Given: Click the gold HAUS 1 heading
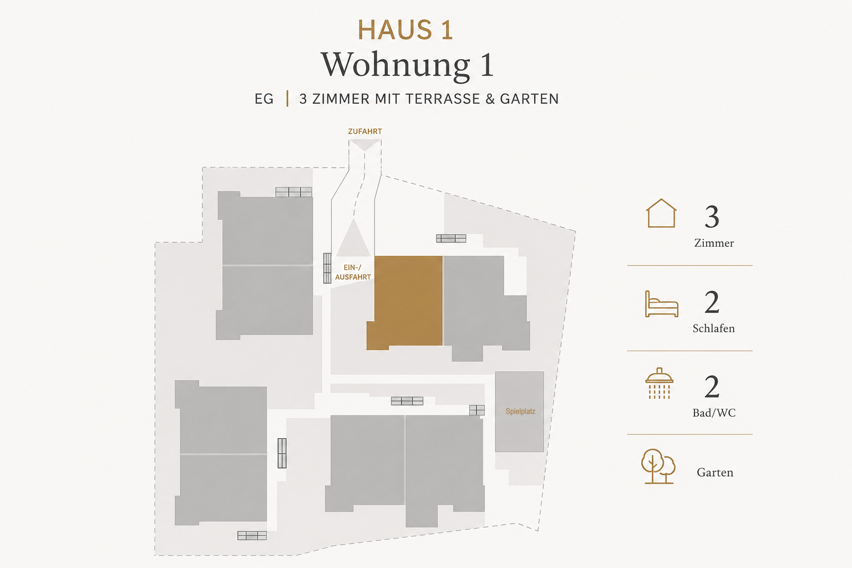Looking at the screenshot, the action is (x=405, y=29).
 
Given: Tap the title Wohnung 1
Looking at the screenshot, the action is (x=407, y=65).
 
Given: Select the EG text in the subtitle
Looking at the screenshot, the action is (x=264, y=99).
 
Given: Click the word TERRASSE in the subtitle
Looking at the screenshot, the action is (x=442, y=99).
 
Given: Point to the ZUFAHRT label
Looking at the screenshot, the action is (x=365, y=131).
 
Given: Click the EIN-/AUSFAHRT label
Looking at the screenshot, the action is (x=353, y=272).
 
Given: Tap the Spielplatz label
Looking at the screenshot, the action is (x=520, y=411).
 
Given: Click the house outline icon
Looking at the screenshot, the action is (x=661, y=213).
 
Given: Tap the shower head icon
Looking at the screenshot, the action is (x=659, y=383).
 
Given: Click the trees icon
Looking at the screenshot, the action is (x=658, y=466).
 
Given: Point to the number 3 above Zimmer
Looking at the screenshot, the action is (x=712, y=216).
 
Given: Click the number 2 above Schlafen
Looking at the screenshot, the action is (x=712, y=302).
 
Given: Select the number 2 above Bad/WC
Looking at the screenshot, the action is (x=712, y=387).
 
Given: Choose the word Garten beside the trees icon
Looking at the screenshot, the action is (x=714, y=473).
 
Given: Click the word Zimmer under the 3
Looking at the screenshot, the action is (x=714, y=243).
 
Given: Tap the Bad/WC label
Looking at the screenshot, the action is (x=714, y=413).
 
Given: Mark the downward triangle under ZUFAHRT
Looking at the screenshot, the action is (x=365, y=144).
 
